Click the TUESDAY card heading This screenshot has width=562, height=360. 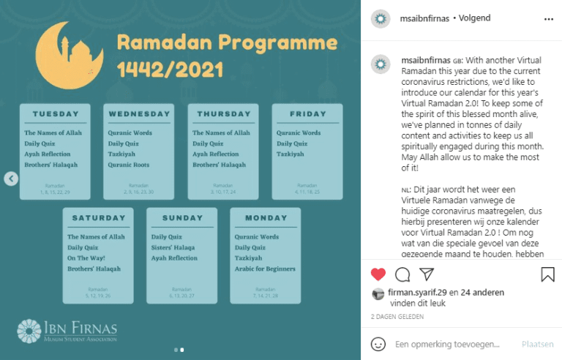(56, 114)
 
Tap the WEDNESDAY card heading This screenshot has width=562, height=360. (139, 114)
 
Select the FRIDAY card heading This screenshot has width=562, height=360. (308, 114)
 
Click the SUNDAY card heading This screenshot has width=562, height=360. (182, 218)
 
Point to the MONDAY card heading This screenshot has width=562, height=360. (266, 218)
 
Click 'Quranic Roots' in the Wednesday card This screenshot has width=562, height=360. (129, 165)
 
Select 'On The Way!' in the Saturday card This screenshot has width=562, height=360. (87, 258)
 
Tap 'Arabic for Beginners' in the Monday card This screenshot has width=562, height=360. (265, 269)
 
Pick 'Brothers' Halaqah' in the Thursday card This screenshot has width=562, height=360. (219, 165)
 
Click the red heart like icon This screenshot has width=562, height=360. (378, 275)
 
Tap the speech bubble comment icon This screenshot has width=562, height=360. (402, 275)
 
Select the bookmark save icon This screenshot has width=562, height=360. (547, 275)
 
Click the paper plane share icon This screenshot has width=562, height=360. (427, 275)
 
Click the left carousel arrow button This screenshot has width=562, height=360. (11, 179)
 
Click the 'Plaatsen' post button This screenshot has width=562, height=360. (538, 344)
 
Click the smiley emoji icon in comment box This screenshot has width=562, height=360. (378, 344)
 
